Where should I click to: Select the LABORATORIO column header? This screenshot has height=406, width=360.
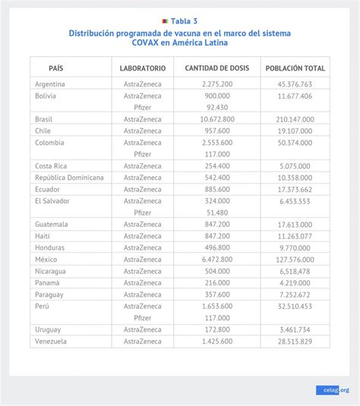point(143,68)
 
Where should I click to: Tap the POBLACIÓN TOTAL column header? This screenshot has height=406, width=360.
point(295,68)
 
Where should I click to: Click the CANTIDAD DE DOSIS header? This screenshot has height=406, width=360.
point(217,68)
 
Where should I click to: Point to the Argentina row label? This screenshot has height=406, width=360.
point(50,84)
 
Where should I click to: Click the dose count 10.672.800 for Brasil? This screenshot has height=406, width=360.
point(217,119)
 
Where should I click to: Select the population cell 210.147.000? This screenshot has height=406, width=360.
point(295,119)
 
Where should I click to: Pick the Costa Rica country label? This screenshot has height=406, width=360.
point(51,165)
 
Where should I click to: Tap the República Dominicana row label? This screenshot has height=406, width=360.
point(69,178)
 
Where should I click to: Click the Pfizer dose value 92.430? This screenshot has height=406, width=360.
point(217,107)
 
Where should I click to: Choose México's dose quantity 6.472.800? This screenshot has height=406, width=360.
point(217,259)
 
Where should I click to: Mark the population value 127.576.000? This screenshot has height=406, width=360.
point(295,259)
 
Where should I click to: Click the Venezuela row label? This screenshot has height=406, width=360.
point(51,341)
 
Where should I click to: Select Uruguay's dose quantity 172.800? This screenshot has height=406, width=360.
point(217,329)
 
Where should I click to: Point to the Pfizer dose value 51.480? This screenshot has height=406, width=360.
point(217,212)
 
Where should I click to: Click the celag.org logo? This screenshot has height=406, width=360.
point(333,390)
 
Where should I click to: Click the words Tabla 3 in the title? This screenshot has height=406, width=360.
point(184,21)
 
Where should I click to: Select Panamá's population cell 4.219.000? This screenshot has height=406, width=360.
point(295,282)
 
